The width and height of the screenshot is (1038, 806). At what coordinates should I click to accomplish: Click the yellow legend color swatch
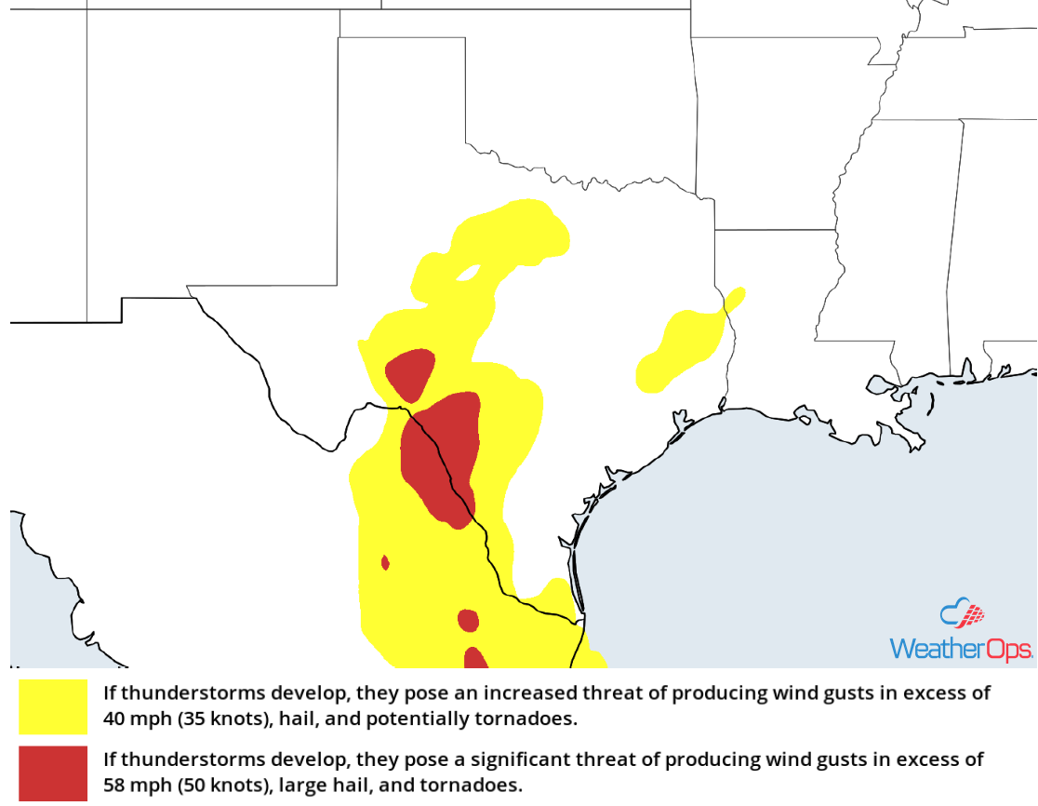[x=53, y=707]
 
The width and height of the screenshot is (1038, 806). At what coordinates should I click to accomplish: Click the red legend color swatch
[x=53, y=772]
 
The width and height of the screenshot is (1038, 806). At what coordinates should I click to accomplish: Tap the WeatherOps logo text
[x=960, y=649]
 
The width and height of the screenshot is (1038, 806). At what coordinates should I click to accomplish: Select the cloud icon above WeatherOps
[x=962, y=614]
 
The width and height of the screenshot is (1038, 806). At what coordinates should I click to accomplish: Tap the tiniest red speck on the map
[x=385, y=562]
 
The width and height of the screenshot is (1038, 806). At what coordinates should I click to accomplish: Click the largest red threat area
[x=441, y=456]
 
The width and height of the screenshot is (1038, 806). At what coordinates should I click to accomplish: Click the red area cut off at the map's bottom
[x=475, y=659]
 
